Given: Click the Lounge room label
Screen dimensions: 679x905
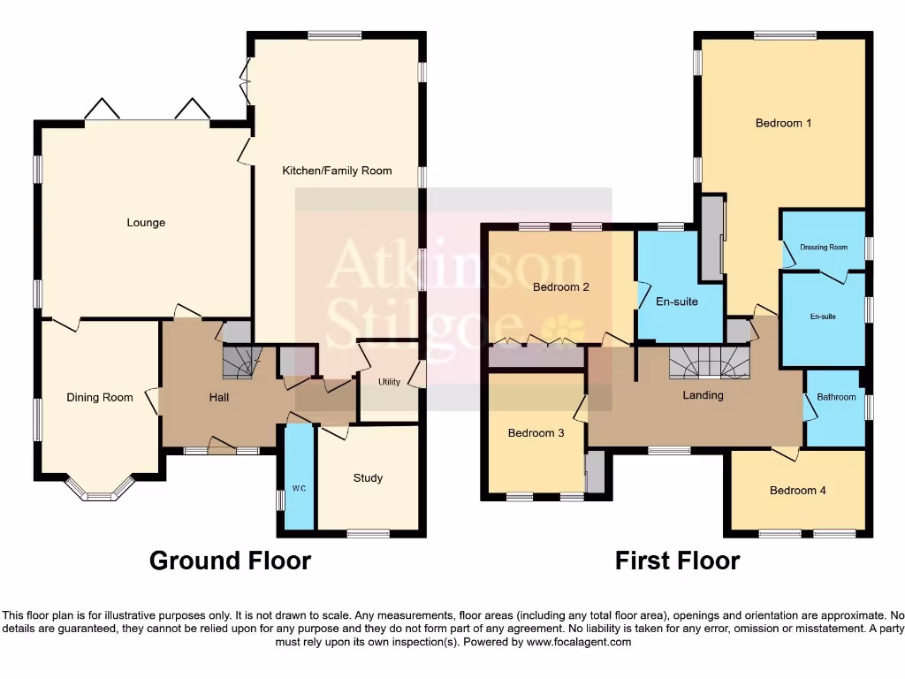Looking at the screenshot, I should tap(146, 223).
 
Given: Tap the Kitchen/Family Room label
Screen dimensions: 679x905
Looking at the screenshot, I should tap(337, 170).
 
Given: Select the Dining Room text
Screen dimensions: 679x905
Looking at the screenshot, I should tap(100, 398).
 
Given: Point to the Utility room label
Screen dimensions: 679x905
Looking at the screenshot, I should tap(389, 382).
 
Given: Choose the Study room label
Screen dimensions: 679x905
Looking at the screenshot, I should tap(368, 478).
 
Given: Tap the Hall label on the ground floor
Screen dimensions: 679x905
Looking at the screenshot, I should tap(219, 398).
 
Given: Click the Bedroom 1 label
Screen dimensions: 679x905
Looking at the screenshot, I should tap(783, 123).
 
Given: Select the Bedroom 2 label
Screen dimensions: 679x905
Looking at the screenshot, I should tap(560, 286).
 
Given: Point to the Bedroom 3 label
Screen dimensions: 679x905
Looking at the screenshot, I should tap(536, 433).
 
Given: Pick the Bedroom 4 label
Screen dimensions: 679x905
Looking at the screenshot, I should tap(797, 490).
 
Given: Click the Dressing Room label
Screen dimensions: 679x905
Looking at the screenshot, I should tap(824, 248).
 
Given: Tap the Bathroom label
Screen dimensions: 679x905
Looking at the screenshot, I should tap(836, 397).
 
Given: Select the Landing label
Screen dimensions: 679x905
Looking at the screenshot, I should tap(703, 395).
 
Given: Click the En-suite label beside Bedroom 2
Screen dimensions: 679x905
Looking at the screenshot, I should tap(677, 301).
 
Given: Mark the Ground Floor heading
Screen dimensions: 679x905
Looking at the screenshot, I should tap(230, 561).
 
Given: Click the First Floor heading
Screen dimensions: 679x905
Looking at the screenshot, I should tap(677, 561).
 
